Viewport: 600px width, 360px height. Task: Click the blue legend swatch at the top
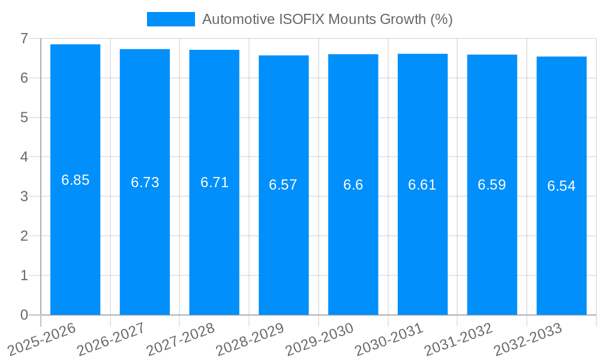click(x=171, y=19)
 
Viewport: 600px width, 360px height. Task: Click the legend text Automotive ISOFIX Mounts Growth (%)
click(x=327, y=19)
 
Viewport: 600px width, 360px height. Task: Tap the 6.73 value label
click(x=145, y=182)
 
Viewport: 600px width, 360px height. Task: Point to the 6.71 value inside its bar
click(x=214, y=182)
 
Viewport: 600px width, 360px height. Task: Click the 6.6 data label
click(x=353, y=185)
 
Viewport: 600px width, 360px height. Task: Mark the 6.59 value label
click(x=491, y=185)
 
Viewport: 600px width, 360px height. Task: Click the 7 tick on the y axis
click(x=24, y=38)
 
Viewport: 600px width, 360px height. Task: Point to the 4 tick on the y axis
click(x=24, y=157)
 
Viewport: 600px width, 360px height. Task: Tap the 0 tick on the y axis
click(x=24, y=315)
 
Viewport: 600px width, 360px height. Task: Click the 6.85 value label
click(x=75, y=180)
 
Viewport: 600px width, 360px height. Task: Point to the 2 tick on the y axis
click(x=24, y=236)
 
